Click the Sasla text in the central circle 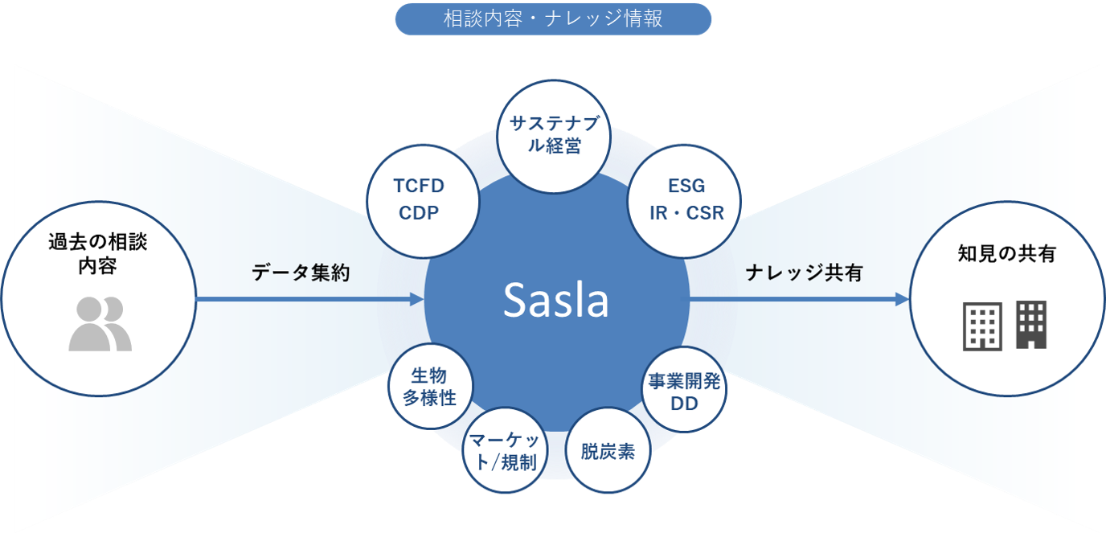555,300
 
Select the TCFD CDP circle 418,199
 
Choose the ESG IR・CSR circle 686,199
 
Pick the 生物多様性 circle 429,386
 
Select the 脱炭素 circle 608,451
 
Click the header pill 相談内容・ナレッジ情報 553,19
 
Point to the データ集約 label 301,273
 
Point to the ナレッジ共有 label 804,273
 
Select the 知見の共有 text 1006,254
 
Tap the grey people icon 100,324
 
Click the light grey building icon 982,326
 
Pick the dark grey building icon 1031,324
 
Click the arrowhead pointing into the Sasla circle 416,300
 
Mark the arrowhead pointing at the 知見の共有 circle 901,300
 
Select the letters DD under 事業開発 684,404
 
